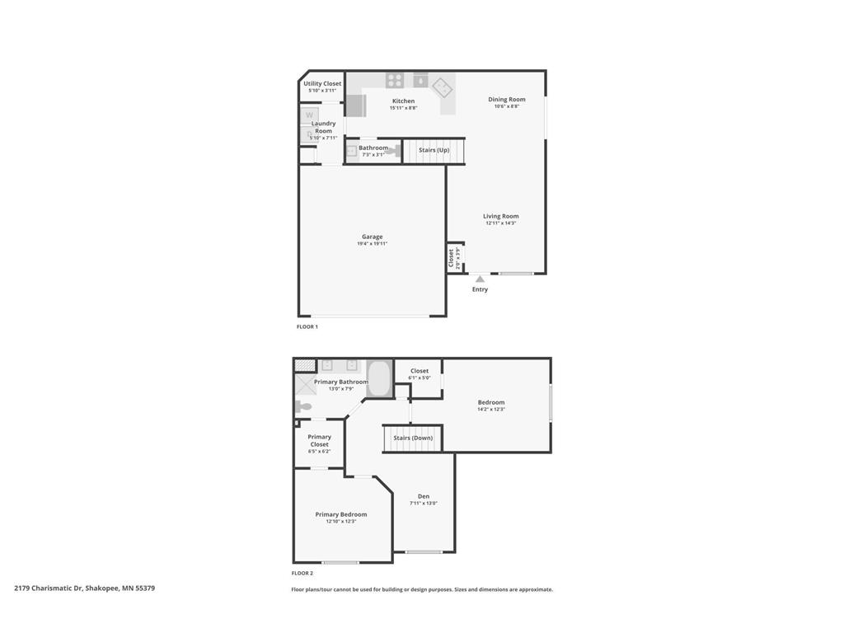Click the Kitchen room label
click(403, 101)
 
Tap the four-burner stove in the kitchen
click(396, 80)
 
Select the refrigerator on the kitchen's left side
click(355, 105)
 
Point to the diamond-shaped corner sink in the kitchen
click(443, 85)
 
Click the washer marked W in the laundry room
click(309, 115)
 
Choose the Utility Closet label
click(322, 83)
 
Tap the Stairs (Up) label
click(434, 150)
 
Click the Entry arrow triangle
click(480, 279)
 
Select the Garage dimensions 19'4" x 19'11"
click(372, 244)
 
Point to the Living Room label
click(500, 216)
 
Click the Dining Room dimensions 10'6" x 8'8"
click(506, 106)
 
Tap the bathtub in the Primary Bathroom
click(379, 378)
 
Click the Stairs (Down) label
click(412, 438)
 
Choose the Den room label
click(423, 496)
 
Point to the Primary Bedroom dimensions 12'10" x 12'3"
click(340, 522)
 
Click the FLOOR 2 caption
click(302, 573)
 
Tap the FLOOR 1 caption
click(307, 326)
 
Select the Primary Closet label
click(319, 440)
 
